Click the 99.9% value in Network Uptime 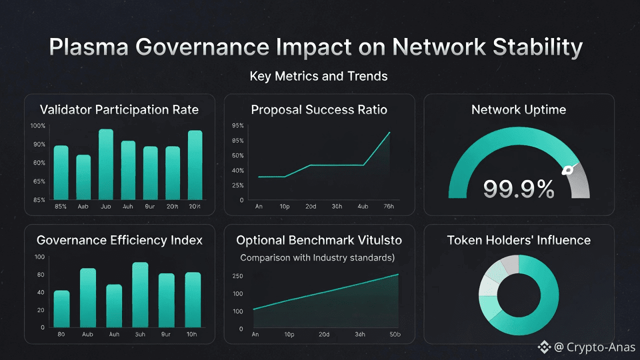click(x=518, y=189)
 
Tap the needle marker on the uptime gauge click(x=568, y=170)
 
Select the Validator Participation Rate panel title click(x=119, y=109)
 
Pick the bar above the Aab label click(x=83, y=177)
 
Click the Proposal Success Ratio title click(x=319, y=109)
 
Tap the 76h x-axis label click(x=388, y=206)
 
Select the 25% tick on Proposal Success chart click(x=237, y=185)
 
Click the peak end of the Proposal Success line click(x=389, y=132)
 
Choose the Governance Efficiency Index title click(x=119, y=240)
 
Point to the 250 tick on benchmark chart click(x=237, y=276)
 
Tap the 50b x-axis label click(x=394, y=334)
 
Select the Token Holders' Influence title click(x=518, y=240)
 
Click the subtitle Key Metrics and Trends click(x=318, y=76)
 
